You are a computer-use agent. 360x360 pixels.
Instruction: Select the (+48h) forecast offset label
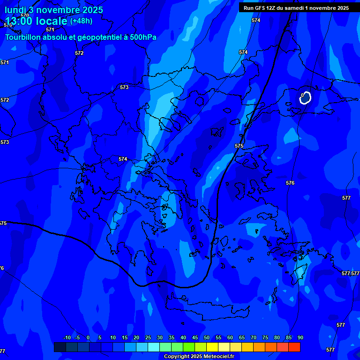pyautogui.click(x=81, y=21)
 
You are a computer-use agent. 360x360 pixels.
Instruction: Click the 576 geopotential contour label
pyautogui.click(x=290, y=183)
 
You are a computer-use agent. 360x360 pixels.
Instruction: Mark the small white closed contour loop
pyautogui.click(x=306, y=97)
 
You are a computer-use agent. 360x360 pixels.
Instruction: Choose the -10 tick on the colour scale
pyautogui.click(x=67, y=338)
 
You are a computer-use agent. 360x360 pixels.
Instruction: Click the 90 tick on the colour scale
pyautogui.click(x=300, y=338)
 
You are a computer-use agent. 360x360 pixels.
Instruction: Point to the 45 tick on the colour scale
pyautogui.click(x=195, y=338)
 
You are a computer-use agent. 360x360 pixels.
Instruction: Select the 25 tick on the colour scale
pyautogui.click(x=148, y=338)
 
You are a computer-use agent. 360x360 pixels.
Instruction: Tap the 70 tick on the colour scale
pyautogui.click(x=253, y=338)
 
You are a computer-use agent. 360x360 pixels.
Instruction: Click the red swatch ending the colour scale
pyautogui.click(x=294, y=347)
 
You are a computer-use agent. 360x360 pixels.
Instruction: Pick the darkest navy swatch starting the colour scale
pyautogui.click(x=60, y=347)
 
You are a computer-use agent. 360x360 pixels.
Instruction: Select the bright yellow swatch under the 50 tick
pyautogui.click(x=212, y=347)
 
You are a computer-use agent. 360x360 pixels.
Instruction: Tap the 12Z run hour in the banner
pyautogui.click(x=271, y=8)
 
